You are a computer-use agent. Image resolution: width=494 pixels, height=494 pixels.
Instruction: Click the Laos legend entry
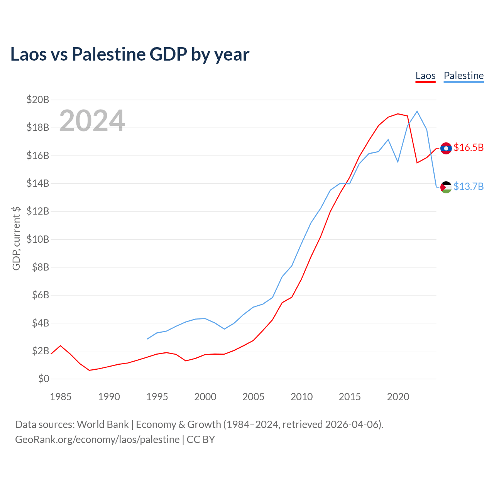tap(425, 76)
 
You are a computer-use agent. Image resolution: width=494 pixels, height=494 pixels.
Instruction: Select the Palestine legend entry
tap(464, 76)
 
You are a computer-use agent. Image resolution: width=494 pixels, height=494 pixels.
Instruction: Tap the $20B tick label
tap(38, 100)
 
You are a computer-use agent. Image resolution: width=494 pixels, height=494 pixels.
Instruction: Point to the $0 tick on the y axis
tap(44, 379)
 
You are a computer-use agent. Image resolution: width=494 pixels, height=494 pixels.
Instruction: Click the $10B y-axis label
tap(38, 239)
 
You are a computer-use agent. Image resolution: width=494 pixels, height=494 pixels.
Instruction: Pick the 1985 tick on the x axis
tap(61, 397)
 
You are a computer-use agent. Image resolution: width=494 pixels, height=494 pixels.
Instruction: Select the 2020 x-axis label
tap(398, 397)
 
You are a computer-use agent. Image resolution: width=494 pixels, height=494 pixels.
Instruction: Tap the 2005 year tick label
tap(253, 397)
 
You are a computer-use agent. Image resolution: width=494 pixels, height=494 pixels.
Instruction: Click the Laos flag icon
tap(446, 148)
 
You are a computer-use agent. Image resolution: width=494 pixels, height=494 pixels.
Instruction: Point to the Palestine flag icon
tap(446, 187)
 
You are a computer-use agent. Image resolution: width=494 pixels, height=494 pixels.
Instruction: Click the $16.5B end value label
tap(469, 147)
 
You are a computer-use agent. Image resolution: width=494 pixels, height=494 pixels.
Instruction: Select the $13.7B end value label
tap(469, 186)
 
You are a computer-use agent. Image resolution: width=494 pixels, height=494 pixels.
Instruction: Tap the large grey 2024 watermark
tap(92, 120)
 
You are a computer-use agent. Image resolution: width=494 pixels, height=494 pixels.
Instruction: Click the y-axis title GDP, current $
tap(16, 238)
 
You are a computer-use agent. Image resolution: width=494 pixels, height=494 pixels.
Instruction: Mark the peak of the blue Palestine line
tap(417, 111)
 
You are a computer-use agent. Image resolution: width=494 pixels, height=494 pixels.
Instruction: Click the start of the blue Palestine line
tap(147, 339)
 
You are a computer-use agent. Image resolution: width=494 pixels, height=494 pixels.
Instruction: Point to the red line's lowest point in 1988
tap(89, 370)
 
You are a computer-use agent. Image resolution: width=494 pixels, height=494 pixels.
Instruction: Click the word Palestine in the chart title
tap(109, 54)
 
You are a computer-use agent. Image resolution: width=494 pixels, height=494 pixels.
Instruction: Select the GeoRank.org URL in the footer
tap(97, 440)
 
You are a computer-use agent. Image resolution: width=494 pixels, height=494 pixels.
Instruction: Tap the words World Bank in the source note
tap(103, 425)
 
